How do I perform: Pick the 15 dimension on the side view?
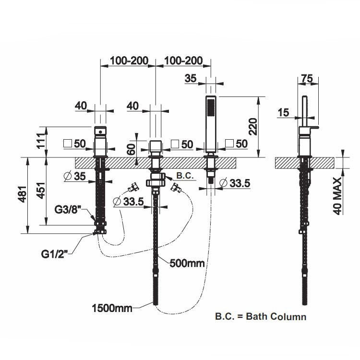coord(283,112)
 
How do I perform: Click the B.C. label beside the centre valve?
coord(185,176)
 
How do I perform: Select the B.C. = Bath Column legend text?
coord(260,316)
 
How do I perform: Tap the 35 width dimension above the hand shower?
coord(191,78)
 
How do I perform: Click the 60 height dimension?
coord(130,149)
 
